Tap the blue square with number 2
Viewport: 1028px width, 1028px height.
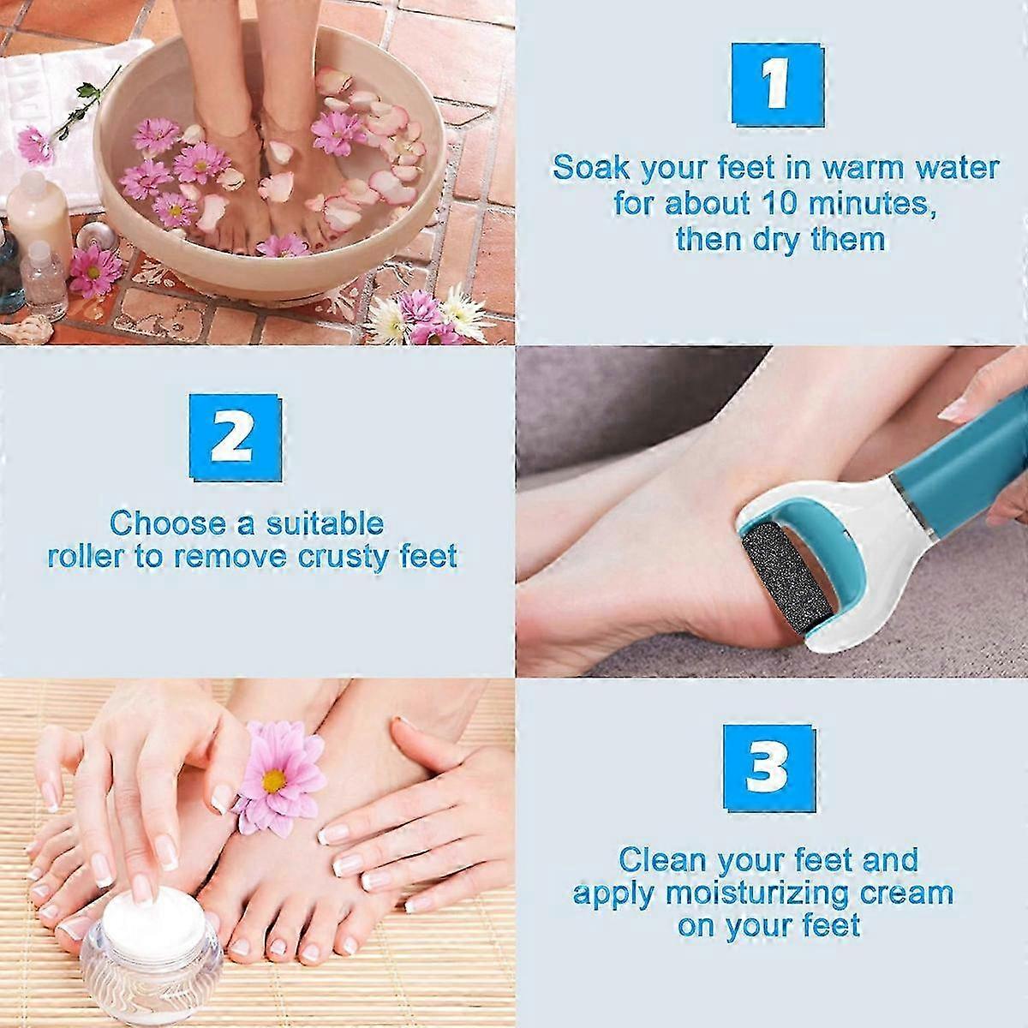[x=236, y=438]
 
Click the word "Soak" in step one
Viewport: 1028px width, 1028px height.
[x=591, y=168]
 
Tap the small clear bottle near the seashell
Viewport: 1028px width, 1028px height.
[x=46, y=280]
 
